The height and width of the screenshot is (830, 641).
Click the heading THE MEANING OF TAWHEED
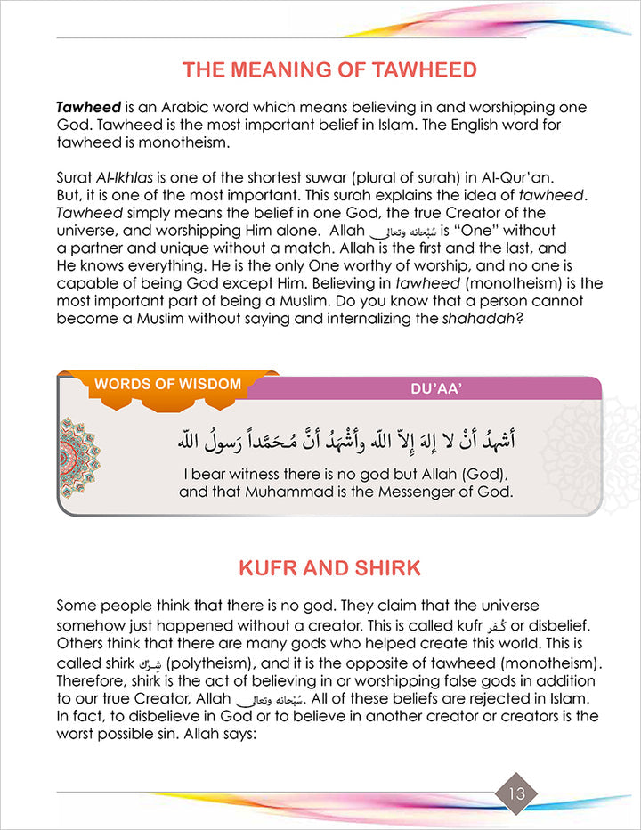pyautogui.click(x=329, y=69)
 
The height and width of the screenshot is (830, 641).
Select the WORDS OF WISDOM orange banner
pyautogui.click(x=168, y=385)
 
